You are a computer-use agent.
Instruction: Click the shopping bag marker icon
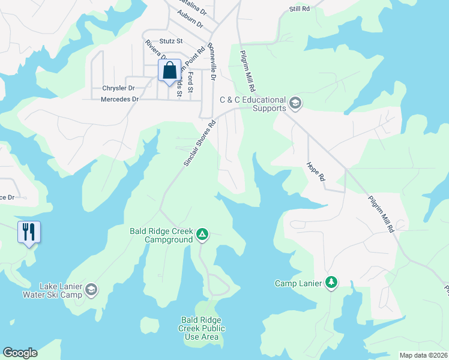tap(169, 70)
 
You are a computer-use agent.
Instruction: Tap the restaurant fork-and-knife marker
tap(29, 232)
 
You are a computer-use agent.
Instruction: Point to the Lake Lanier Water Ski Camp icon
tap(91, 290)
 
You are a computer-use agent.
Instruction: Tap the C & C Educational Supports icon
tap(295, 103)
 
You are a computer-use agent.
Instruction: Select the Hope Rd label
tap(316, 171)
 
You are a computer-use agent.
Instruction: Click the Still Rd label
tap(299, 9)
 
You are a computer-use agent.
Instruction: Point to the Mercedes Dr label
tap(119, 99)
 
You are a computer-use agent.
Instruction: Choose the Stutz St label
tap(172, 41)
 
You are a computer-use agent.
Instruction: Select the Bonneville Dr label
tap(211, 62)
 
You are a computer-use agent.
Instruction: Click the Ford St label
tap(190, 82)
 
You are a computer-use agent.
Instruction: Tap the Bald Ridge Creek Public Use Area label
tap(202, 328)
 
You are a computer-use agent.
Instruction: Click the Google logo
tap(20, 353)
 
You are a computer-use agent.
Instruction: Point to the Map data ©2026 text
tap(423, 355)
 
